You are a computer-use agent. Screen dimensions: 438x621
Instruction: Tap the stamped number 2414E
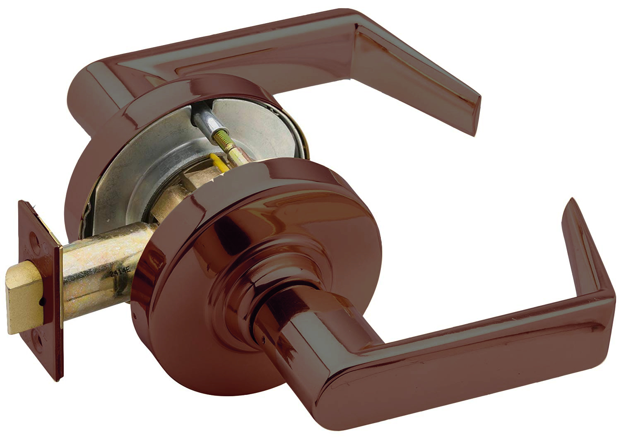point(120,273)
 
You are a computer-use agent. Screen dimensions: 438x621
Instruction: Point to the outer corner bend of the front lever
point(604,298)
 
